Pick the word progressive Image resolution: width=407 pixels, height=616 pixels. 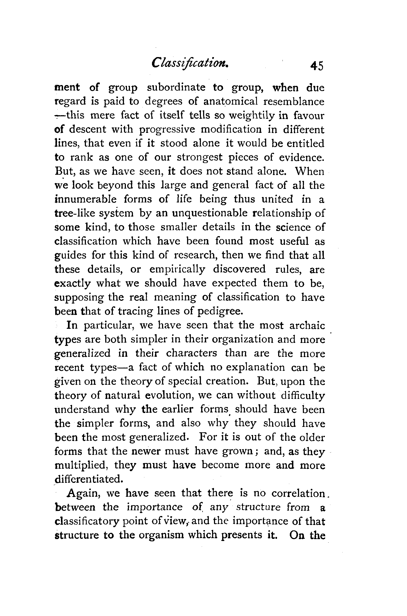coord(167,130)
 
